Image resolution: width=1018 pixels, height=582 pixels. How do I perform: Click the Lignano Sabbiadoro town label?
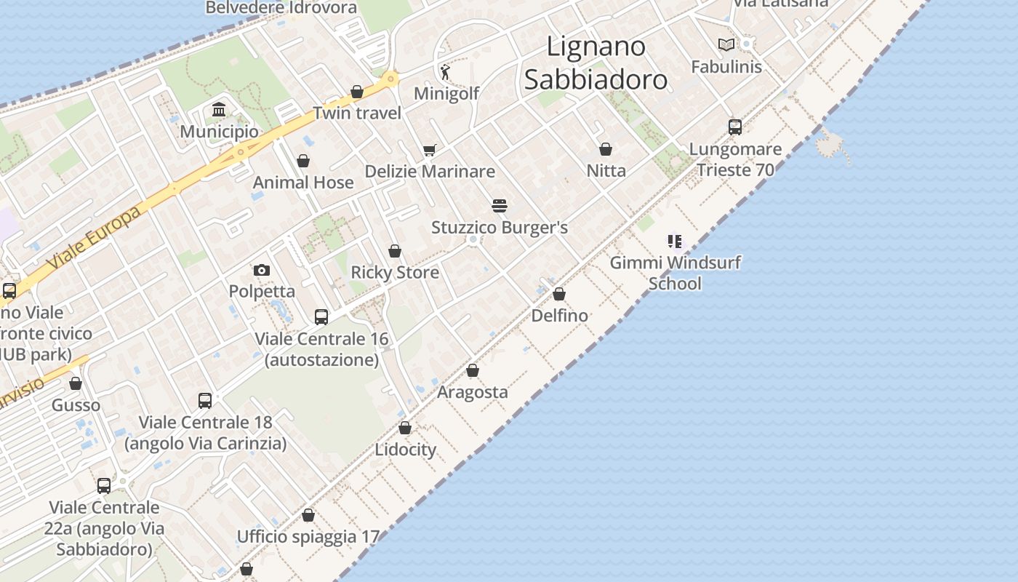(x=596, y=63)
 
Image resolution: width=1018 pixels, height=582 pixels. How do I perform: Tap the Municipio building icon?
(x=218, y=110)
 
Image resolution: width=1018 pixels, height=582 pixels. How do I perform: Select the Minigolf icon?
(x=446, y=71)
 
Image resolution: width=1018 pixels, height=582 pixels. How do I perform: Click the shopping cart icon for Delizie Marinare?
(x=430, y=150)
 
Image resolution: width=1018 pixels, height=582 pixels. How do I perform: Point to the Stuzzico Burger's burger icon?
(x=499, y=206)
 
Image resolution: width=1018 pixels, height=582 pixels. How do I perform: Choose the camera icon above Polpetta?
(x=262, y=270)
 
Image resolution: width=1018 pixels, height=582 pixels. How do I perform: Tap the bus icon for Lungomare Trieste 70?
(x=735, y=127)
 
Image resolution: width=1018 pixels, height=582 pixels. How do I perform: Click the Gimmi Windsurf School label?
(x=675, y=273)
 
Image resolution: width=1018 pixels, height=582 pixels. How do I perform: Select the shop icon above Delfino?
(x=559, y=295)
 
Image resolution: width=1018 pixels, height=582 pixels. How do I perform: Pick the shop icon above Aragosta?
(x=473, y=371)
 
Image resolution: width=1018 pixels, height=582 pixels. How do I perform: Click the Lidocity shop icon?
(x=405, y=428)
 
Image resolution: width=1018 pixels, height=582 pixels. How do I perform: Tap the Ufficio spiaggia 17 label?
(x=308, y=537)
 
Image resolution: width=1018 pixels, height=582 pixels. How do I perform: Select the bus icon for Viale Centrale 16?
(x=321, y=317)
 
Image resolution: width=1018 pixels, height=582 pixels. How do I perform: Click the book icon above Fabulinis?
(x=726, y=45)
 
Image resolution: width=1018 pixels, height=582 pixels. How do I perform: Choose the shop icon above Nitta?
(x=606, y=150)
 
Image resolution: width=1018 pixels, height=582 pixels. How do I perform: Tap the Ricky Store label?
(x=395, y=272)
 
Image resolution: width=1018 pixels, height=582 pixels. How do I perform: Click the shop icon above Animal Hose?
(x=303, y=161)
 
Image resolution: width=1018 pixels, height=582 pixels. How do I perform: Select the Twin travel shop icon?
(x=357, y=92)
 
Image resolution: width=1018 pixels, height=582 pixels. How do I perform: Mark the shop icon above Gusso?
(x=76, y=383)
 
